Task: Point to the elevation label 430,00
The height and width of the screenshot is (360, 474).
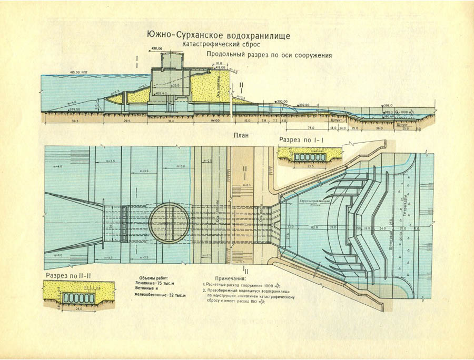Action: point(156,48)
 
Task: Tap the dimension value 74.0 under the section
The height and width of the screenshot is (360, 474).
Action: point(310,128)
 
